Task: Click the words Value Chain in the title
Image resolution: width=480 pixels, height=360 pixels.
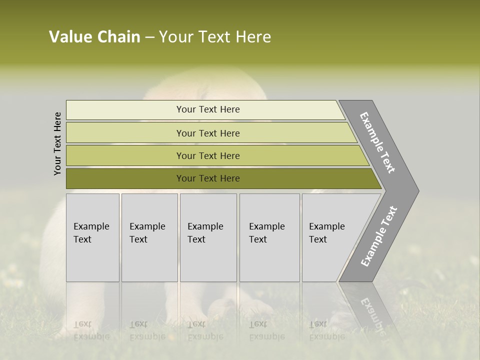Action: coord(94,37)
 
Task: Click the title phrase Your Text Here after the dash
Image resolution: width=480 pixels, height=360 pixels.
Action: coord(215,37)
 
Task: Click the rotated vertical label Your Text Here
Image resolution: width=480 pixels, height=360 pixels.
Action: coord(57,143)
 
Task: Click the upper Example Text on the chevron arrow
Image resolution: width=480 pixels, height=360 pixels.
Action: coord(378,142)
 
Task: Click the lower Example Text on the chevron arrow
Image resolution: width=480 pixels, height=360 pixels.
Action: coord(379,236)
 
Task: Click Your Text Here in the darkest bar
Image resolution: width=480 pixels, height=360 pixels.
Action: coord(208,178)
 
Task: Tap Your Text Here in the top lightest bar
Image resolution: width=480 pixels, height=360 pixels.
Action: coord(208,109)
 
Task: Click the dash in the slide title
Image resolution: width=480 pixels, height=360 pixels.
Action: coord(149,37)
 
